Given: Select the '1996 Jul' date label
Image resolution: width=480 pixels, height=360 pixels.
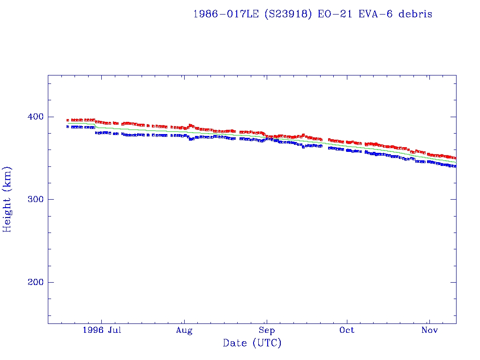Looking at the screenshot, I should click(102, 330).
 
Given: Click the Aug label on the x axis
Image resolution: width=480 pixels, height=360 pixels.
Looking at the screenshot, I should click(184, 330).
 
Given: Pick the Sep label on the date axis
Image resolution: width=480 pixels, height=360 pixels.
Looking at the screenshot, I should click(266, 330).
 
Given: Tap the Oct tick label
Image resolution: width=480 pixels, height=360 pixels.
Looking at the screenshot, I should click(347, 330).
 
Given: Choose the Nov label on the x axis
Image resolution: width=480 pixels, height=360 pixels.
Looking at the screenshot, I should click(429, 330).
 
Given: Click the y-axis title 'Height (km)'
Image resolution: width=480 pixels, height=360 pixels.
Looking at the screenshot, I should click(7, 199).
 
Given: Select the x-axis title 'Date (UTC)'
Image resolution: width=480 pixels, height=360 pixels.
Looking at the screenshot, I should click(252, 344).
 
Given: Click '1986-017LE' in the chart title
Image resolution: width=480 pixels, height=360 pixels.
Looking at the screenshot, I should click(226, 14).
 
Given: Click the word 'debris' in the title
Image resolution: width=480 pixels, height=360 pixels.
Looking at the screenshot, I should click(415, 14).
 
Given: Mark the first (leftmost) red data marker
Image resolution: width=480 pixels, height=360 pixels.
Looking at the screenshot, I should click(68, 120).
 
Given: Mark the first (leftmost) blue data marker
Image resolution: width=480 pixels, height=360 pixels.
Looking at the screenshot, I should click(68, 127).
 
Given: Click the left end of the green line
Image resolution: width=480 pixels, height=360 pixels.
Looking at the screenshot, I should click(68, 123).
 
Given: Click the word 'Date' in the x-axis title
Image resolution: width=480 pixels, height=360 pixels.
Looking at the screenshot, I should click(235, 344).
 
